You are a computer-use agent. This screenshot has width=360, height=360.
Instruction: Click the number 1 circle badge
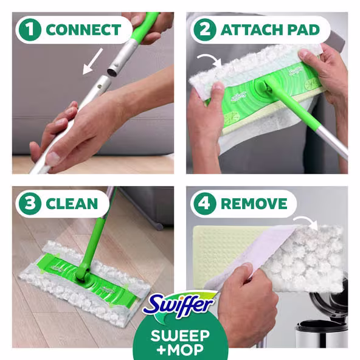[29, 29]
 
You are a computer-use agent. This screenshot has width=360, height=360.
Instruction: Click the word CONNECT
[83, 29]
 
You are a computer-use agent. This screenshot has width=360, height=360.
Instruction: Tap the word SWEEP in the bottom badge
[180, 334]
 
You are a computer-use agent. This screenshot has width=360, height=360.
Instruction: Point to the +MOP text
[180, 350]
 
